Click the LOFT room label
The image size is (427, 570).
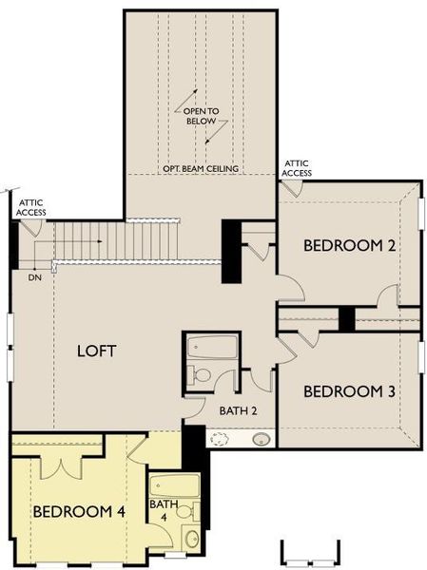pyautogui.click(x=97, y=351)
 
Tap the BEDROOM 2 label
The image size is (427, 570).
pyautogui.click(x=349, y=245)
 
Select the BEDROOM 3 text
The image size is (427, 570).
pyautogui.click(x=349, y=390)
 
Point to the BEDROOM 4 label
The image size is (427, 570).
pyautogui.click(x=79, y=511)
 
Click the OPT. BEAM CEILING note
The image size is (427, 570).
pyautogui.click(x=201, y=169)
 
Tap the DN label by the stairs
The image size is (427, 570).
pyautogui.click(x=35, y=277)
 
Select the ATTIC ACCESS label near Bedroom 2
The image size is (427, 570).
pyautogui.click(x=297, y=168)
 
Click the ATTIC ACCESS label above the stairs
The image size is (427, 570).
pyautogui.click(x=30, y=207)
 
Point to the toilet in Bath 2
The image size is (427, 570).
pyautogui.click(x=200, y=374)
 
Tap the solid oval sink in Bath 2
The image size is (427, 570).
pyautogui.click(x=261, y=439)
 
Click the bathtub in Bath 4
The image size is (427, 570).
pyautogui.click(x=175, y=484)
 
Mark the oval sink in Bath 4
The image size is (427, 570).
pyautogui.click(x=191, y=539)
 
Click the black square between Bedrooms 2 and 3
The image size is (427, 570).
pyautogui.click(x=346, y=318)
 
